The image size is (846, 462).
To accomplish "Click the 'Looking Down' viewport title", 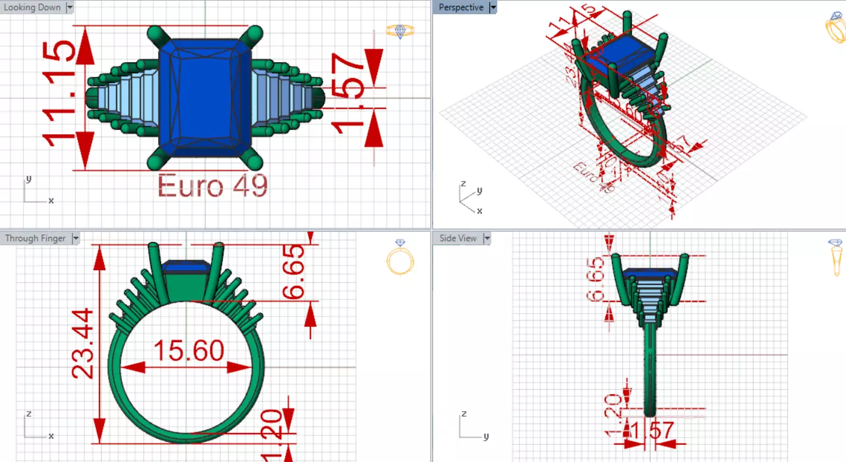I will click(x=32, y=8).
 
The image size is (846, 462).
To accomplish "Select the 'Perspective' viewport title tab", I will click(x=462, y=8).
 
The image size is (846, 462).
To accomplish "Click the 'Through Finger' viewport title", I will click(x=35, y=238).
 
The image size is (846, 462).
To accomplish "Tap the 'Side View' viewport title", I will click(x=457, y=238).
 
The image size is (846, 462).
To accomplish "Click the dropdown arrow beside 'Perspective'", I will click(x=492, y=8).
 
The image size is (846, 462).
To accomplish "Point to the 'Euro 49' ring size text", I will click(x=213, y=186).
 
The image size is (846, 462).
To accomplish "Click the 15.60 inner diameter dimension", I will click(x=188, y=350).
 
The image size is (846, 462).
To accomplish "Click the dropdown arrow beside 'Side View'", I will click(x=487, y=238).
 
